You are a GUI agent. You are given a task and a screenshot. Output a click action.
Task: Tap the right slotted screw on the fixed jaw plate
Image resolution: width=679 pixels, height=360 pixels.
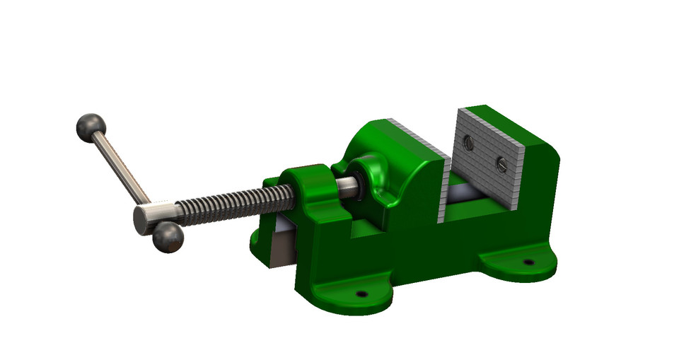[x=501, y=165]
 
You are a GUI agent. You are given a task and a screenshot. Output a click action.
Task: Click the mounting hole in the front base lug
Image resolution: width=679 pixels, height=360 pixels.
[x=361, y=292]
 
